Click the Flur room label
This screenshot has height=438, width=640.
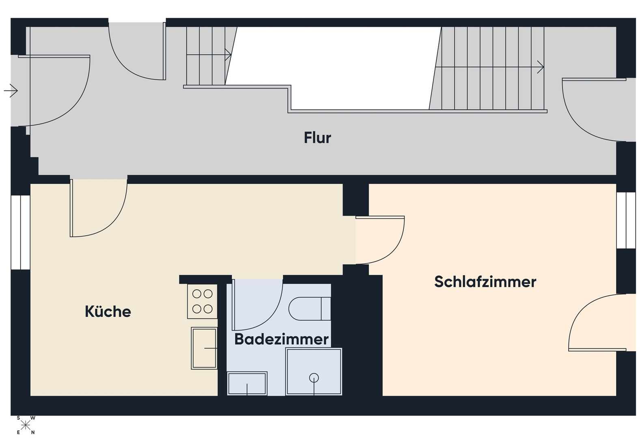317,137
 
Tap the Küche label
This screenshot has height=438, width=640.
108,311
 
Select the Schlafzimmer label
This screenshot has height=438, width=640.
485,281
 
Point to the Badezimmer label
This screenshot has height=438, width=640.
281,339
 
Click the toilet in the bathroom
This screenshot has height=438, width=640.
310,309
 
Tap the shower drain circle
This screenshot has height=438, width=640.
314,378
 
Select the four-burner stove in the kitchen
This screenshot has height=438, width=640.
202,301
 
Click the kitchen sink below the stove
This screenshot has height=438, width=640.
204,348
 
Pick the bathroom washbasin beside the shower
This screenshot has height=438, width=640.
247,384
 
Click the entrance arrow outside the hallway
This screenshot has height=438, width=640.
11,91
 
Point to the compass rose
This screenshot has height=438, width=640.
26,425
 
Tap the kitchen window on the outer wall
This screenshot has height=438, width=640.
21,232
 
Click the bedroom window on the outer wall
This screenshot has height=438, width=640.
626,220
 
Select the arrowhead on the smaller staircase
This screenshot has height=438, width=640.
228,54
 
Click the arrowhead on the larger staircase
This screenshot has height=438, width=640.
540,67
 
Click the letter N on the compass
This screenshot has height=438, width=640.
33,433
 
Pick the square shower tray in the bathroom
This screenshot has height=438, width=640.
314,372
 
